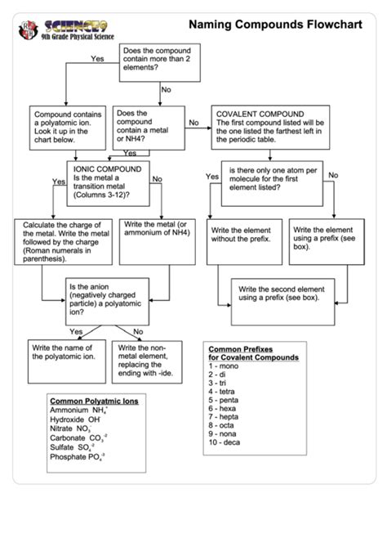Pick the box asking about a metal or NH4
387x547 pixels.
pyautogui.click(x=146, y=126)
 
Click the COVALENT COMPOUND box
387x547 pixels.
pyautogui.click(x=269, y=126)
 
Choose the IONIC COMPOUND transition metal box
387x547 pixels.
pyautogui.click(x=111, y=183)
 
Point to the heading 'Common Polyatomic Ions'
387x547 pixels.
pyautogui.click(x=95, y=401)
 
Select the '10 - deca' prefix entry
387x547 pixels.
pyautogui.click(x=225, y=442)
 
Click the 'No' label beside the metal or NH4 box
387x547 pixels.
pyautogui.click(x=193, y=123)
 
